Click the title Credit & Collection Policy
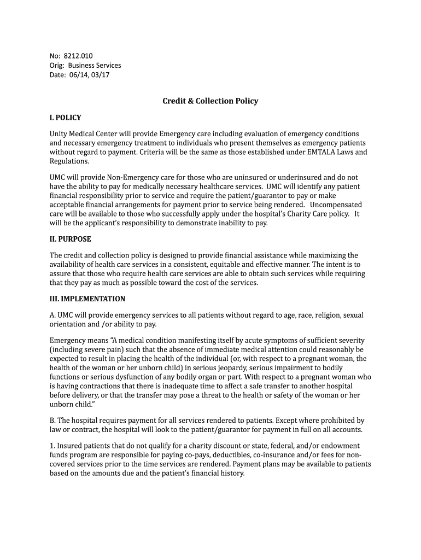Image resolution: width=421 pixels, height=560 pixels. (210, 101)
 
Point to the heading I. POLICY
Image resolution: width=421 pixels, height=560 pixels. (66, 118)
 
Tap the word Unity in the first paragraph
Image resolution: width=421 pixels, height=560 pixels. (60, 134)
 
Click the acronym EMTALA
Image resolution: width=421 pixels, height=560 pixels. (315, 152)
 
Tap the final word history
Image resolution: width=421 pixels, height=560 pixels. (231, 474)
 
